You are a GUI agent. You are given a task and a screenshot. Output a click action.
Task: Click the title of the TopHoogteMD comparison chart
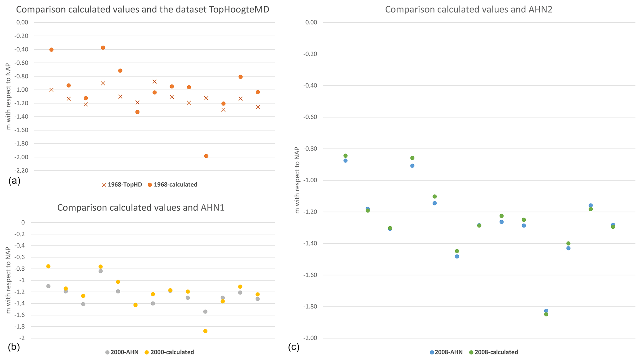tap(142, 10)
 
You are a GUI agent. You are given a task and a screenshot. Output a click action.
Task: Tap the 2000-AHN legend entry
tap(122, 352)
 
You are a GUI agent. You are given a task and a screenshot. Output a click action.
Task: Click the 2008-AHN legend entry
tap(446, 352)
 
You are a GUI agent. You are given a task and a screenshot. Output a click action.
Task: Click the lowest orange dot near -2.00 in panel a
tap(206, 156)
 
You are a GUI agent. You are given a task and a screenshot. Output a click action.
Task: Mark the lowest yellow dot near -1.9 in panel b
tap(205, 331)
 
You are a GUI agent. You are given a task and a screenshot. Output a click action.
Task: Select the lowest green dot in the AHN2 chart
tap(546, 314)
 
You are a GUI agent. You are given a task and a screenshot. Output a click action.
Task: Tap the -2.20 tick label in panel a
tap(21, 171)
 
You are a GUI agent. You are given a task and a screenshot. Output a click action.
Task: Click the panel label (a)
tap(15, 181)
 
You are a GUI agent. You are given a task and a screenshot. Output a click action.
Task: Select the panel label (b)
tap(15, 347)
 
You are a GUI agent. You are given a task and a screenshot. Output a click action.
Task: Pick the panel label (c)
tap(294, 347)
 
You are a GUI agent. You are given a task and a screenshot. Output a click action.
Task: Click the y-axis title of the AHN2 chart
tap(297, 180)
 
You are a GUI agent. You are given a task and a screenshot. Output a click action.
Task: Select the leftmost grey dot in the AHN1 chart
tap(48, 286)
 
